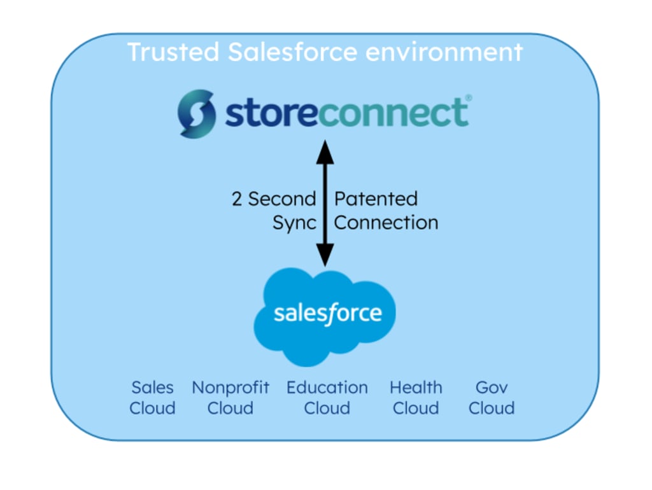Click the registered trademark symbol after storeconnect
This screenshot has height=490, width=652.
[469, 98]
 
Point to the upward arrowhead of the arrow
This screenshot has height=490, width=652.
[325, 151]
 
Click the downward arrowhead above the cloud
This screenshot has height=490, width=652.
[325, 256]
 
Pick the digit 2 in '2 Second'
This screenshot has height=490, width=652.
[237, 199]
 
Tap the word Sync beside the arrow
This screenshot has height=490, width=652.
[294, 223]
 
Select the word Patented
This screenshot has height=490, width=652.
[376, 199]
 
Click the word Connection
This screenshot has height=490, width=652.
[386, 223]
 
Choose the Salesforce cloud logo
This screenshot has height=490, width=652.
[325, 315]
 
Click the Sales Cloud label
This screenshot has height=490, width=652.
[152, 398]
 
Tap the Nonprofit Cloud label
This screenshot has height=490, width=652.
[230, 398]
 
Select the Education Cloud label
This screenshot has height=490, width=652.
[327, 398]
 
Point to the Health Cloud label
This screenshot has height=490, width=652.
[416, 398]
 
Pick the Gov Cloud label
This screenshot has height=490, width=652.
[492, 398]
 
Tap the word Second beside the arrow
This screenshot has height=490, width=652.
[281, 199]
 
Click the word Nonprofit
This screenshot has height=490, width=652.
[230, 388]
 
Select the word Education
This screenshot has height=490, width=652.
[327, 388]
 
